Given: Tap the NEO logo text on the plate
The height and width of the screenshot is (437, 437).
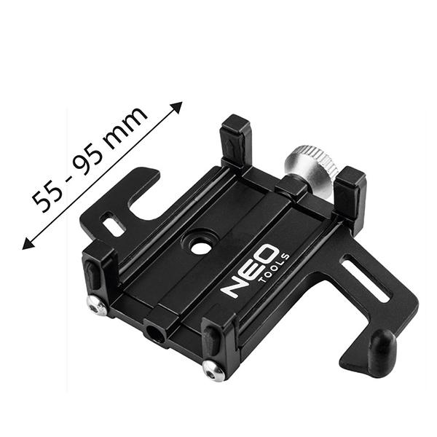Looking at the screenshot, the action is [x=250, y=270].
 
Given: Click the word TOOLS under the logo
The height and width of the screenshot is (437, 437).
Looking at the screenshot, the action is [x=275, y=268].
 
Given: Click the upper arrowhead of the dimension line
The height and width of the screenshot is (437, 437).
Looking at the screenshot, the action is [x=177, y=107].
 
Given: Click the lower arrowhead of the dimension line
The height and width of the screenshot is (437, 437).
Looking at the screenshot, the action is [x=28, y=243].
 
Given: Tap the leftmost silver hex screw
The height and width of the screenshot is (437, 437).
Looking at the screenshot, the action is [x=96, y=306].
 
